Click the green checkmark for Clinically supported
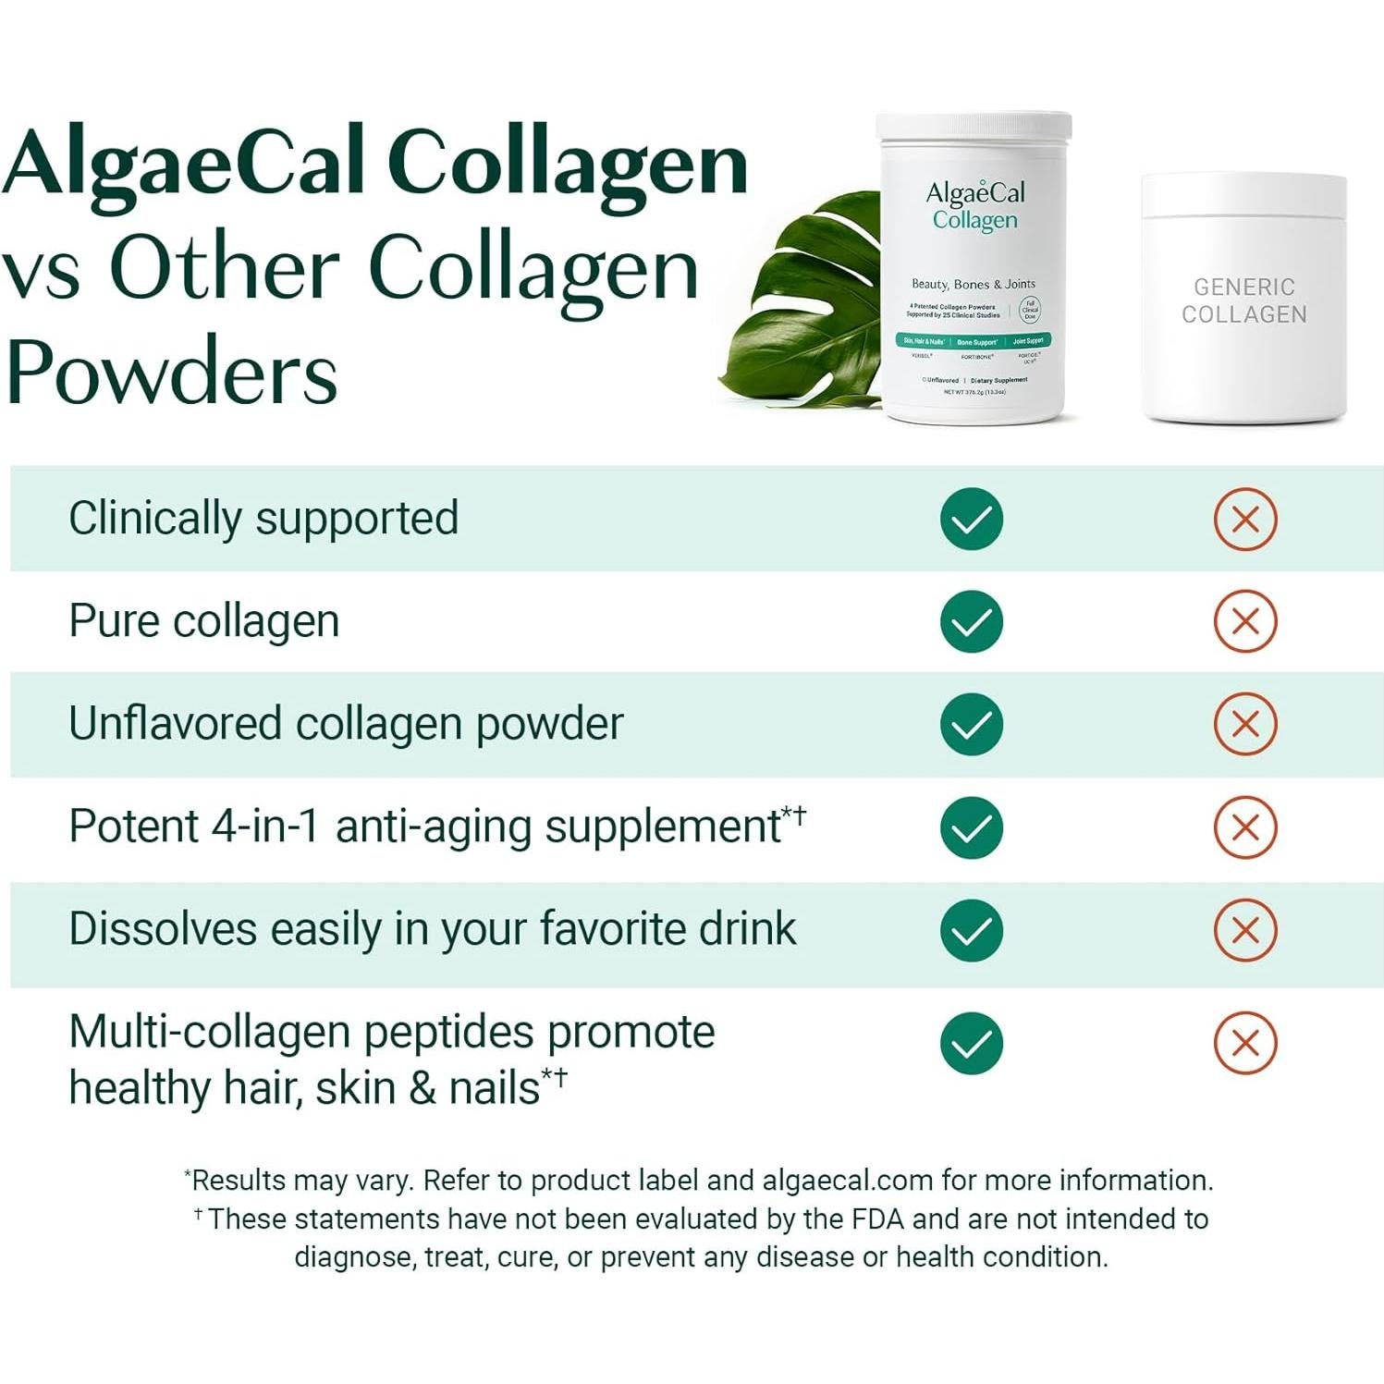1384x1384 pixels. [971, 519]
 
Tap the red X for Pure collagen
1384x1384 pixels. [1244, 621]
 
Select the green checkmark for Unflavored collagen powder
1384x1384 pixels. [971, 724]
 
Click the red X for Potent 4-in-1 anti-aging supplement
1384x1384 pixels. [1244, 827]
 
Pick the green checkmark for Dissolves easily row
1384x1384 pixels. [971, 929]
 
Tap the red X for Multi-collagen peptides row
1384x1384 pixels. [1244, 1044]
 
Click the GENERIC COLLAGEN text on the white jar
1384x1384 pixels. [1243, 301]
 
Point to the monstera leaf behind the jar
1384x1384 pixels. [804, 305]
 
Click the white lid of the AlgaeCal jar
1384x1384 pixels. [974, 128]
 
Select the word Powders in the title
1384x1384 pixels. [172, 373]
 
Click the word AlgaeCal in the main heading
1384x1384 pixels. [185, 165]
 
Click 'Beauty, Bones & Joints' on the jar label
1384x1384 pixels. [973, 284]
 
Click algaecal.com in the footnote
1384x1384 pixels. [847, 1181]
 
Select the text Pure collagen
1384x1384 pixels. [204, 621]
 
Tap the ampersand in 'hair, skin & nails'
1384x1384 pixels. [423, 1088]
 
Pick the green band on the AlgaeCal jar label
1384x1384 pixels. [973, 341]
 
